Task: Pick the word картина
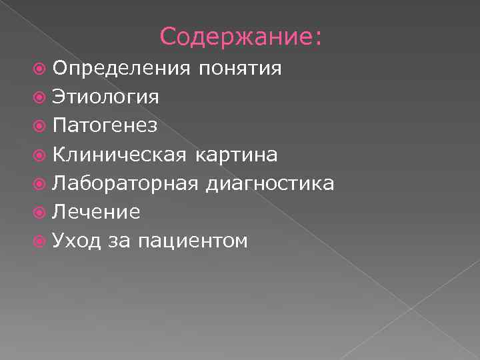(237, 155)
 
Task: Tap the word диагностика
(270, 184)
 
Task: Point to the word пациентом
(193, 241)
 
